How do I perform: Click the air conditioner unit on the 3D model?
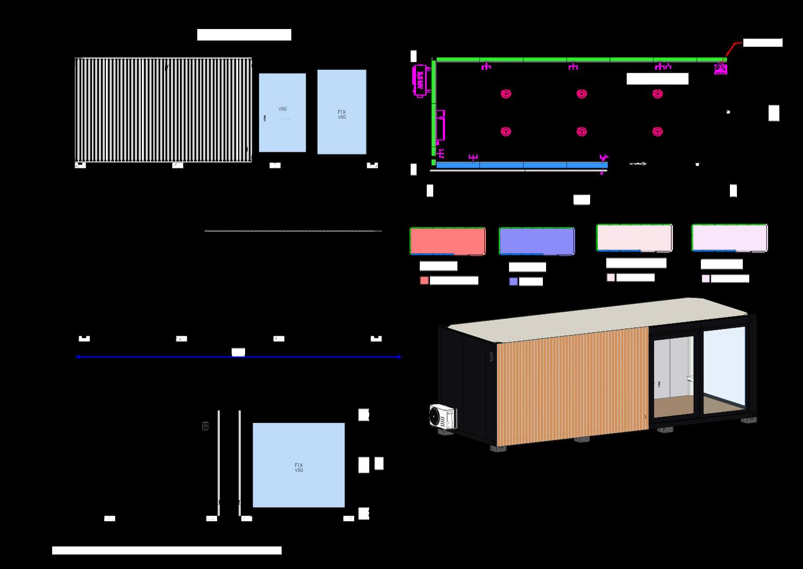tap(442, 416)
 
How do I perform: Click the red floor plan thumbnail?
tap(447, 240)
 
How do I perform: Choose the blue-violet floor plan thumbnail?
tap(536, 241)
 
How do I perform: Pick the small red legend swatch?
tap(424, 280)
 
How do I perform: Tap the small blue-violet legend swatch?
tap(513, 281)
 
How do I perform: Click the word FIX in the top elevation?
tap(341, 112)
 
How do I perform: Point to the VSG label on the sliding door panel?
tap(282, 109)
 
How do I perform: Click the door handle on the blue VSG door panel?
tap(264, 119)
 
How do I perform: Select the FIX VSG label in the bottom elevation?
tap(299, 467)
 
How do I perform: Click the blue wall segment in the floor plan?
tap(521, 165)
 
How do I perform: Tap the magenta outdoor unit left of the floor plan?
tap(419, 81)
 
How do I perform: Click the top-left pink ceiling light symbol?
tap(506, 93)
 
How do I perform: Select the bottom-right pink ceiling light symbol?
tap(657, 131)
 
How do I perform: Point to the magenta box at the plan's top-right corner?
tap(720, 69)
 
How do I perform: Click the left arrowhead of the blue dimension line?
tap(78, 357)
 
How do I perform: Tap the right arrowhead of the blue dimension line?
tap(399, 357)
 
